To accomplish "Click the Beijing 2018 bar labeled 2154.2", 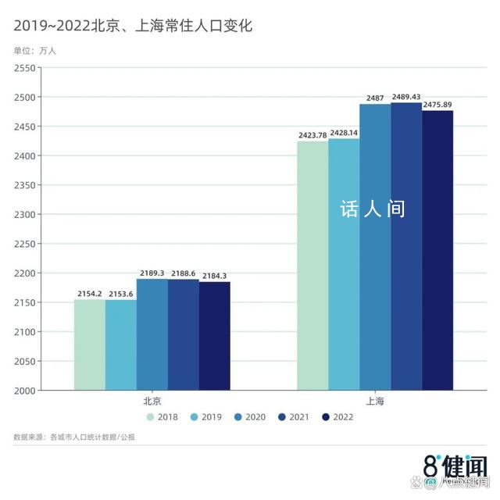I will tap(90, 345).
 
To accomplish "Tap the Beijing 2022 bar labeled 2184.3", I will tap(215, 336).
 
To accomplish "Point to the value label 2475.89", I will tap(437, 105).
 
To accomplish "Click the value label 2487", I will tap(375, 98).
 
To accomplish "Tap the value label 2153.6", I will tap(121, 294).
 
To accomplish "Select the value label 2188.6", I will tap(184, 273).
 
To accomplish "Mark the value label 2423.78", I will tap(312, 135).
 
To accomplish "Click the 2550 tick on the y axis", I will tap(25, 68).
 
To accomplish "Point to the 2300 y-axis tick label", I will tap(25, 215).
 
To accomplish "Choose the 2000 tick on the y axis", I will tap(25, 391).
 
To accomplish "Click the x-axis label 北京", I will tap(152, 402).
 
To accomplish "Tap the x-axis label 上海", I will tap(375, 402).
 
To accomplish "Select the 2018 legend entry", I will tap(162, 417).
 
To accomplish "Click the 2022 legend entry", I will tap(337, 417).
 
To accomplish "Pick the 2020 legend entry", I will tap(249, 417).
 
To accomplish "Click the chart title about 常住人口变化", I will tap(133, 26).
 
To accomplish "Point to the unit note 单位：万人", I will tap(35, 51).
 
